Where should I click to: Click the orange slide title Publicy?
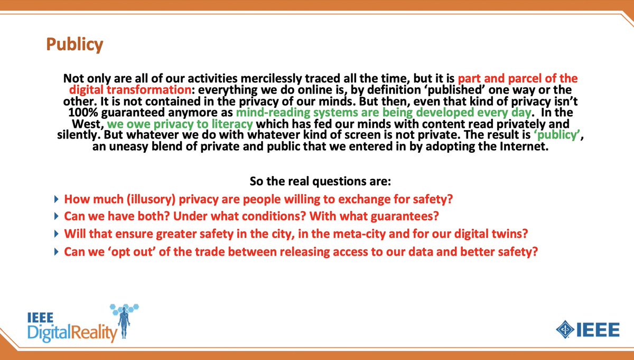point(73,44)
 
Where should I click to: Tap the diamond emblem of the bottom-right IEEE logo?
point(565,330)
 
